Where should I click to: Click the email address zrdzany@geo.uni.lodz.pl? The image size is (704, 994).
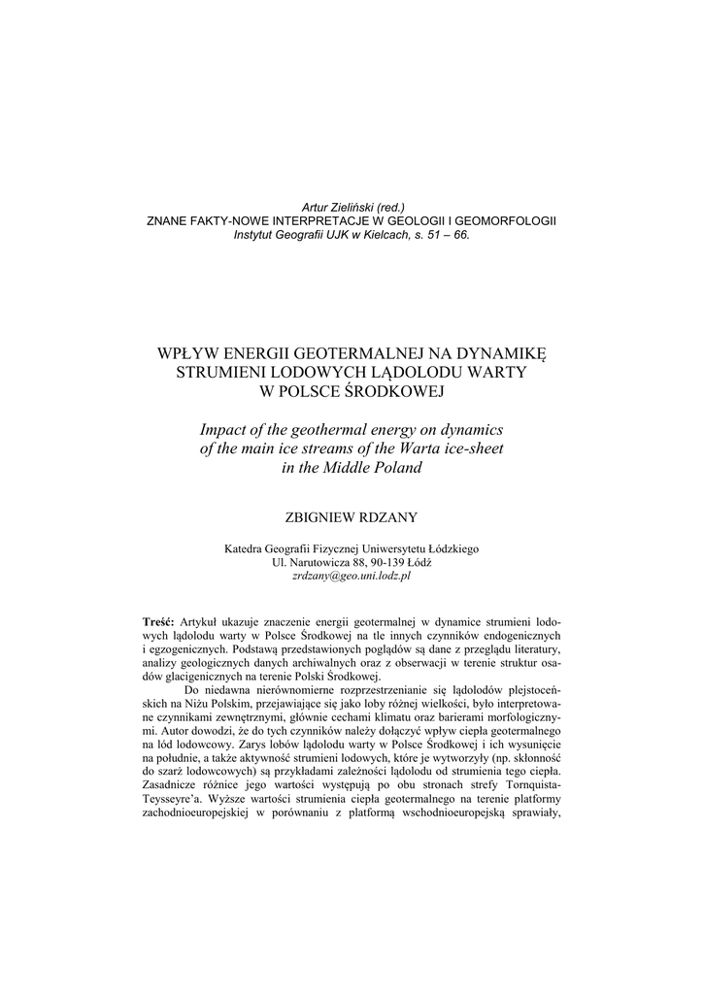click(x=352, y=576)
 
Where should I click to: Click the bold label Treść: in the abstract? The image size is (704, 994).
click(x=158, y=619)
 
